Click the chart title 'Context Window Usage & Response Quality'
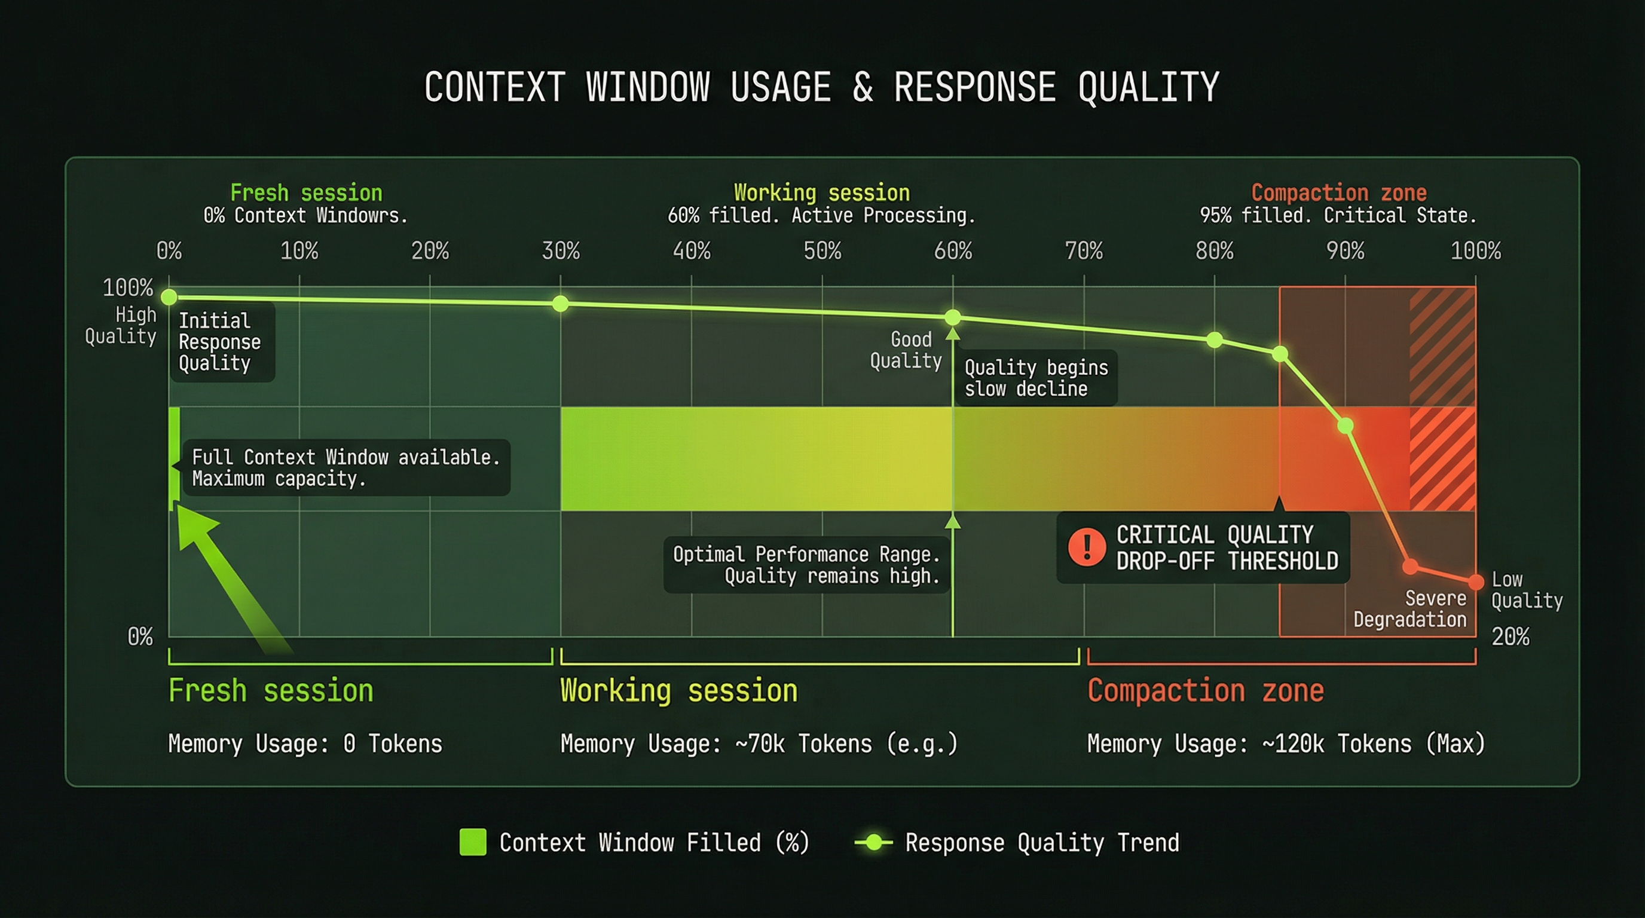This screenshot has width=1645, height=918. click(x=822, y=87)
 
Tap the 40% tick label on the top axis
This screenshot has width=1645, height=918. click(x=692, y=251)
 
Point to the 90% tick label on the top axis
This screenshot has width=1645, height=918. click(x=1345, y=251)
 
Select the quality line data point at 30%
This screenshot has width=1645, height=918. click(x=560, y=303)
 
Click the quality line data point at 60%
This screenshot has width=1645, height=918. click(x=952, y=317)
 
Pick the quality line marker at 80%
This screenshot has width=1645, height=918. click(x=1215, y=340)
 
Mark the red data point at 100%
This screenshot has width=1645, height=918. click(x=1476, y=582)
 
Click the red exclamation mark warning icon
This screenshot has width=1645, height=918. click(x=1087, y=547)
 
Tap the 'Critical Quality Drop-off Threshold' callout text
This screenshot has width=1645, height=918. click(x=1226, y=547)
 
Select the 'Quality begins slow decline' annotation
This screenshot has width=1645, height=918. click(x=1036, y=378)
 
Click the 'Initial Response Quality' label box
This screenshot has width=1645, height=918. click(x=221, y=341)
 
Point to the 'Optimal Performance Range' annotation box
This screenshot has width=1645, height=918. click(x=806, y=565)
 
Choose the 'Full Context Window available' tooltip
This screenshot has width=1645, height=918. click(x=345, y=467)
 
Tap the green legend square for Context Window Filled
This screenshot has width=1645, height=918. click(x=473, y=842)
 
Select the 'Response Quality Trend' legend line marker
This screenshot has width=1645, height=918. click(x=873, y=842)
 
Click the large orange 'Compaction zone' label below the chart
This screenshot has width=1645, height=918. click(x=1205, y=691)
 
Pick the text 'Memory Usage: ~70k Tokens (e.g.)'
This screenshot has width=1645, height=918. click(x=759, y=743)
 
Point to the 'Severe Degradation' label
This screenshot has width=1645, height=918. click(x=1410, y=608)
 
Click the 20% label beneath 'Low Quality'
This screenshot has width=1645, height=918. click(x=1511, y=637)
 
